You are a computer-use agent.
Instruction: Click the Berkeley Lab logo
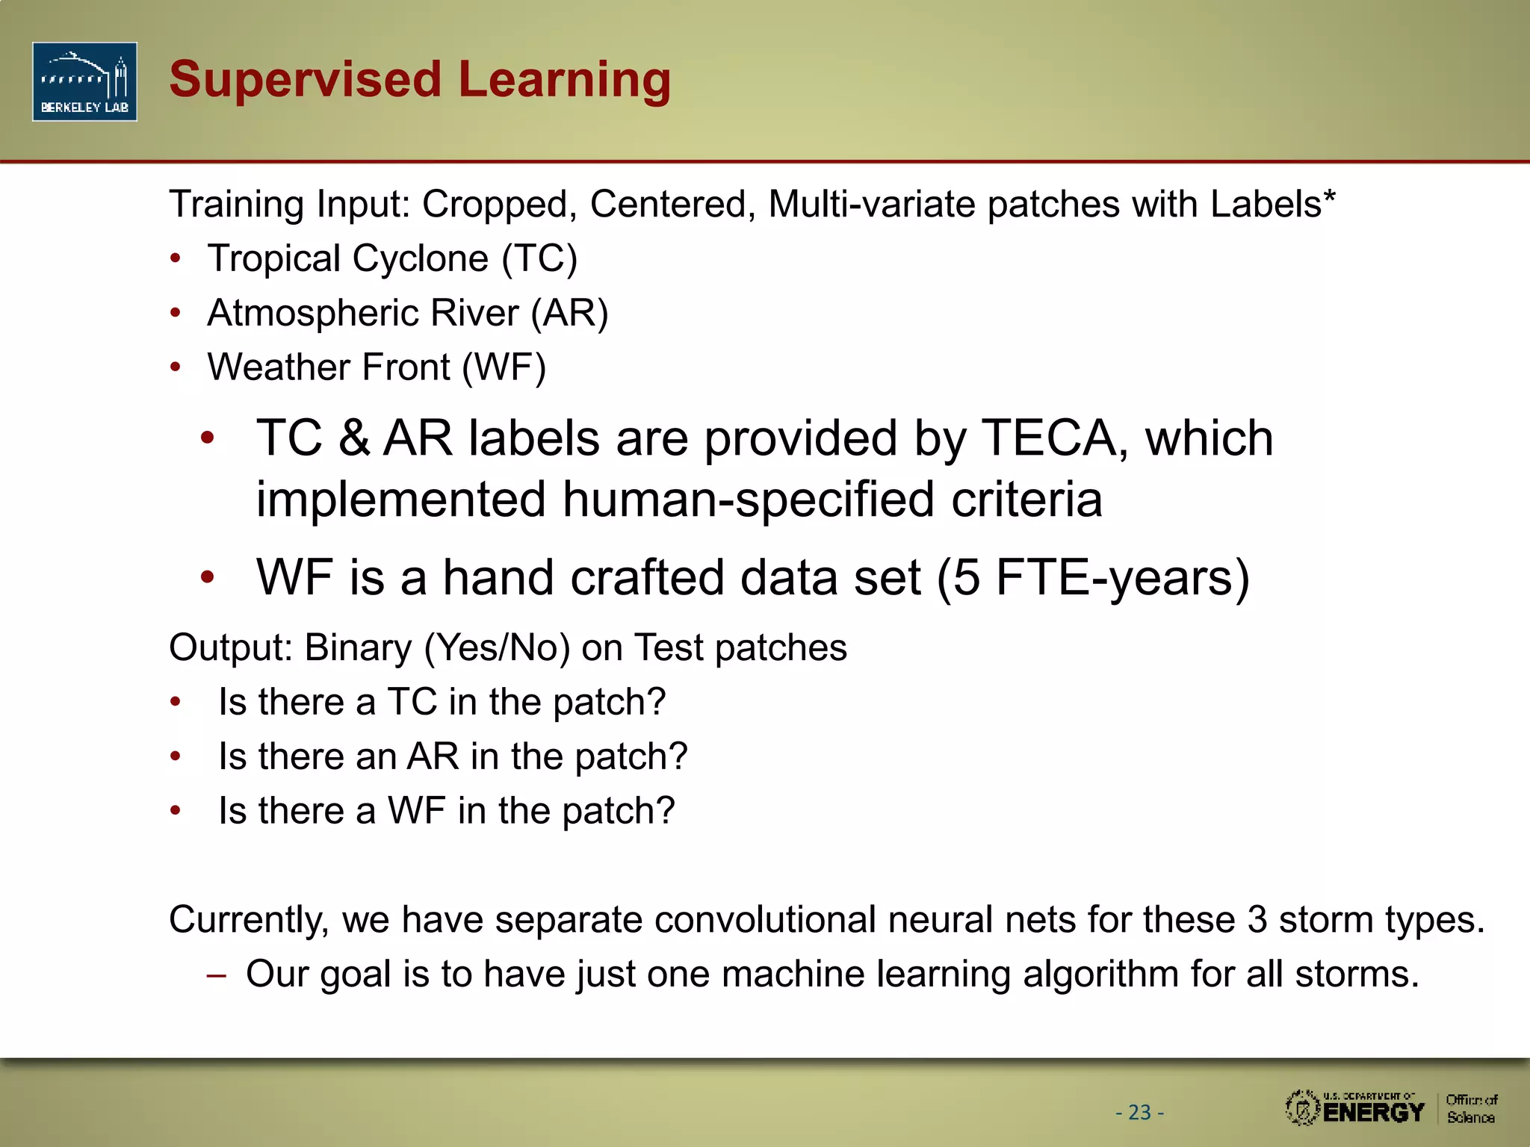84,81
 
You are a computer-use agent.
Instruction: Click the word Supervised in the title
305,80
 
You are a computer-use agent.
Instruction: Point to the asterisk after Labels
1329,197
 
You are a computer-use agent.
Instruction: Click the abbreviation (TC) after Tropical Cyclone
539,259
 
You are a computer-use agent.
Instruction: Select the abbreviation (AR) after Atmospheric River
569,314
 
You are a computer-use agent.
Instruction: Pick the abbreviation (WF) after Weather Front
504,368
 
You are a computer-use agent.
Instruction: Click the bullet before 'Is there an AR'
176,756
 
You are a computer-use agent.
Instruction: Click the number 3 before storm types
1257,919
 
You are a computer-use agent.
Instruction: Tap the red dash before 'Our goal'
216,975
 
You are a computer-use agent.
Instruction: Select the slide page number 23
1139,1113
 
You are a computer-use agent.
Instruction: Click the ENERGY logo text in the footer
1373,1113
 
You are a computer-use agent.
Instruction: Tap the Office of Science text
1470,1109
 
